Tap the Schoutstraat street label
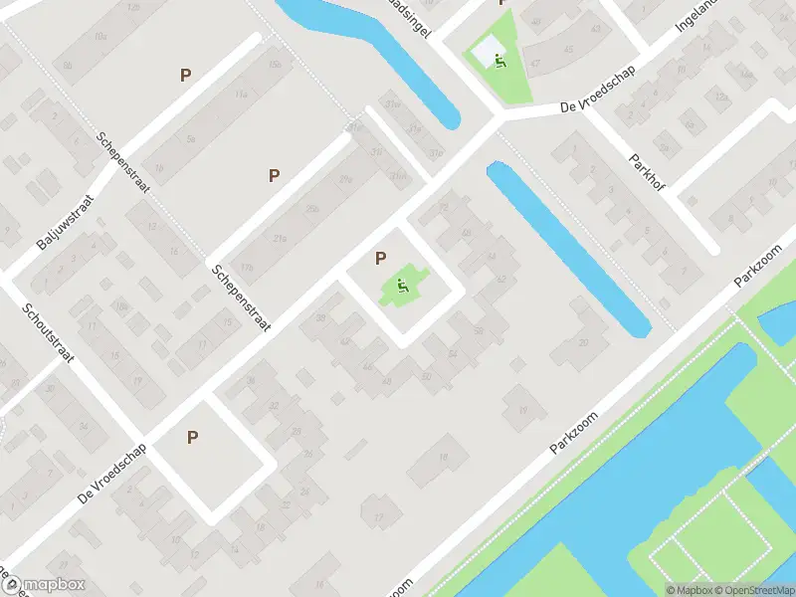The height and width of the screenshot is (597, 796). (x=49, y=335)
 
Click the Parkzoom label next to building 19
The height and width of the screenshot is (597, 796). (x=573, y=434)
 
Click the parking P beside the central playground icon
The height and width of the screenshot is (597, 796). (x=380, y=259)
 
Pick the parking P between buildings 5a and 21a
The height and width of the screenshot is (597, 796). (x=274, y=175)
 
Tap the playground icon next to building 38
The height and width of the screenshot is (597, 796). (x=403, y=289)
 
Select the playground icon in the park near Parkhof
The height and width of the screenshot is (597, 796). (x=498, y=59)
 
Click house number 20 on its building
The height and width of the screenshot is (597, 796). (x=583, y=342)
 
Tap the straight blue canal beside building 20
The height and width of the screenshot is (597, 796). (x=568, y=250)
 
